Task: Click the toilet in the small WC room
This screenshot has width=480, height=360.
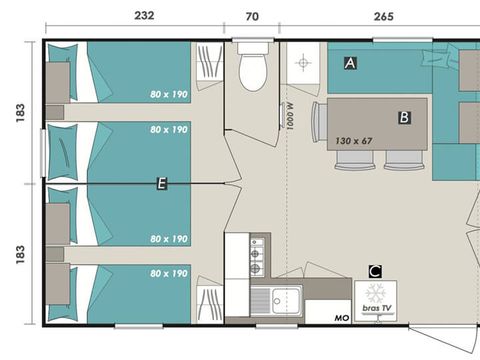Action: pyautogui.click(x=253, y=67)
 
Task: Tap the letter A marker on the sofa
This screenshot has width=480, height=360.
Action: pyautogui.click(x=350, y=63)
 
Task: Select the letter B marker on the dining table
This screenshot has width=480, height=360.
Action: pyautogui.click(x=404, y=117)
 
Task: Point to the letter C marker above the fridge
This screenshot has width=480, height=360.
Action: pyautogui.click(x=375, y=271)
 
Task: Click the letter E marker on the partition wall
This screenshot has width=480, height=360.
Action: pyautogui.click(x=162, y=184)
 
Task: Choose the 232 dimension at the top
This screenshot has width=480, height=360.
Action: pyautogui.click(x=144, y=15)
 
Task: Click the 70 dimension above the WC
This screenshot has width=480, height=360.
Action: pyautogui.click(x=252, y=16)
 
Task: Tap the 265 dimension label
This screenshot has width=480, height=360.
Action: pyautogui.click(x=384, y=16)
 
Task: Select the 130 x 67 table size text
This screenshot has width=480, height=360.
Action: pyautogui.click(x=353, y=141)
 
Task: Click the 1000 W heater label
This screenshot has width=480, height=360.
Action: pyautogui.click(x=290, y=116)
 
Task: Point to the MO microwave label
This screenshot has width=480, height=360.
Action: pyautogui.click(x=342, y=318)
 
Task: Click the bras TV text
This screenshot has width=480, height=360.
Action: pyautogui.click(x=377, y=308)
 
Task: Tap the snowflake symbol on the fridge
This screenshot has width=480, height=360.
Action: pyautogui.click(x=375, y=293)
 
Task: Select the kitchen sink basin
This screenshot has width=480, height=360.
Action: pyautogui.click(x=287, y=301)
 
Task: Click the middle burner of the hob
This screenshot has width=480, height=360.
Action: pyautogui.click(x=255, y=254)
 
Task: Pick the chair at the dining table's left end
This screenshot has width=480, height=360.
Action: pyautogui.click(x=319, y=122)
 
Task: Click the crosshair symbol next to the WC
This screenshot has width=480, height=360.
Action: pyautogui.click(x=303, y=62)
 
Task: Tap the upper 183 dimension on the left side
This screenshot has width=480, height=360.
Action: pyautogui.click(x=20, y=113)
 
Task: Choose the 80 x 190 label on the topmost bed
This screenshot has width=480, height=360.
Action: pyautogui.click(x=169, y=94)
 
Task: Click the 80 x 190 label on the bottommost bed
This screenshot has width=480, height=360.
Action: pyautogui.click(x=169, y=273)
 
